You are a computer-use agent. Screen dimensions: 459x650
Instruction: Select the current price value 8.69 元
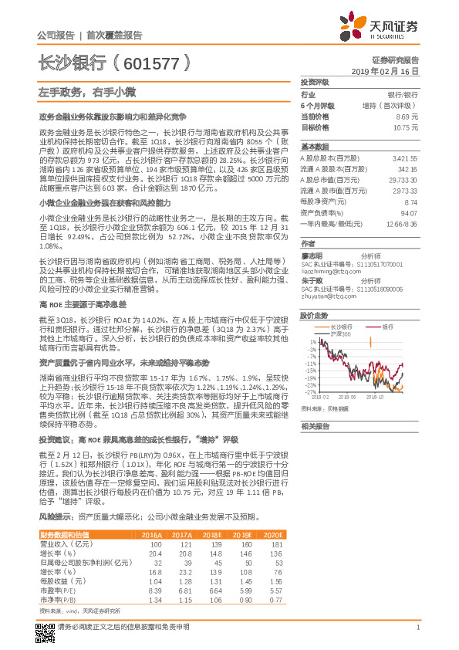(406, 116)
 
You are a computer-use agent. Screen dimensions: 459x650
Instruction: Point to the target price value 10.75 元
(404, 127)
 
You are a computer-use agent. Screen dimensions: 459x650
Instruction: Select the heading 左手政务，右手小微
(76, 92)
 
